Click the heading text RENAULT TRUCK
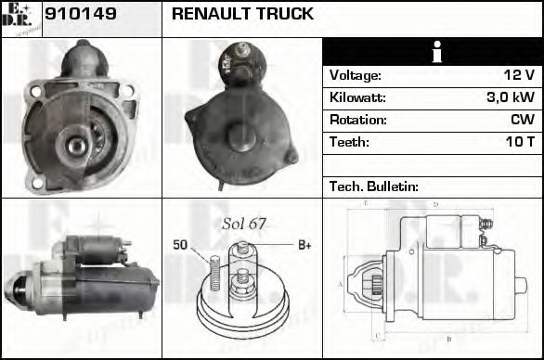pos(242,15)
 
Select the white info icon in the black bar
pos(432,53)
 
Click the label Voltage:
pos(355,75)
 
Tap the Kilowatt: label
pos(357,97)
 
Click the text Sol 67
pos(244,225)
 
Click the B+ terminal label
pos(304,245)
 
